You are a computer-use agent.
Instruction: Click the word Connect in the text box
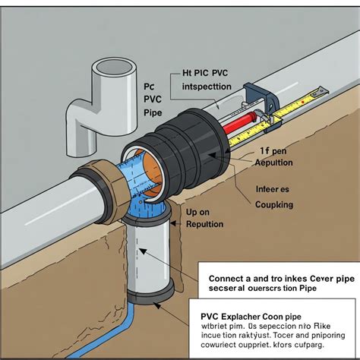point(221,277)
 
